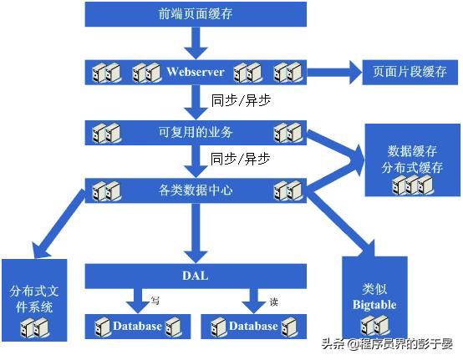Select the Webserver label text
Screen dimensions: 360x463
pos(195,72)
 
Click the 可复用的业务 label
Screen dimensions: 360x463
pos(196,131)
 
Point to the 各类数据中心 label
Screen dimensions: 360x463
pos(196,190)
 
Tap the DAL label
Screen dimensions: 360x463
pos(195,275)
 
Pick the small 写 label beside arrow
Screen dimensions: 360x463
pos(155,301)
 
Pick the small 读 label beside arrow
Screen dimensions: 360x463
pos(273,301)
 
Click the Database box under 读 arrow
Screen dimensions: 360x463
pos(254,326)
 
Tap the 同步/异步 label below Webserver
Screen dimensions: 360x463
pos(241,99)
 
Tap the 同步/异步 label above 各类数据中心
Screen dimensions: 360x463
pos(241,158)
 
